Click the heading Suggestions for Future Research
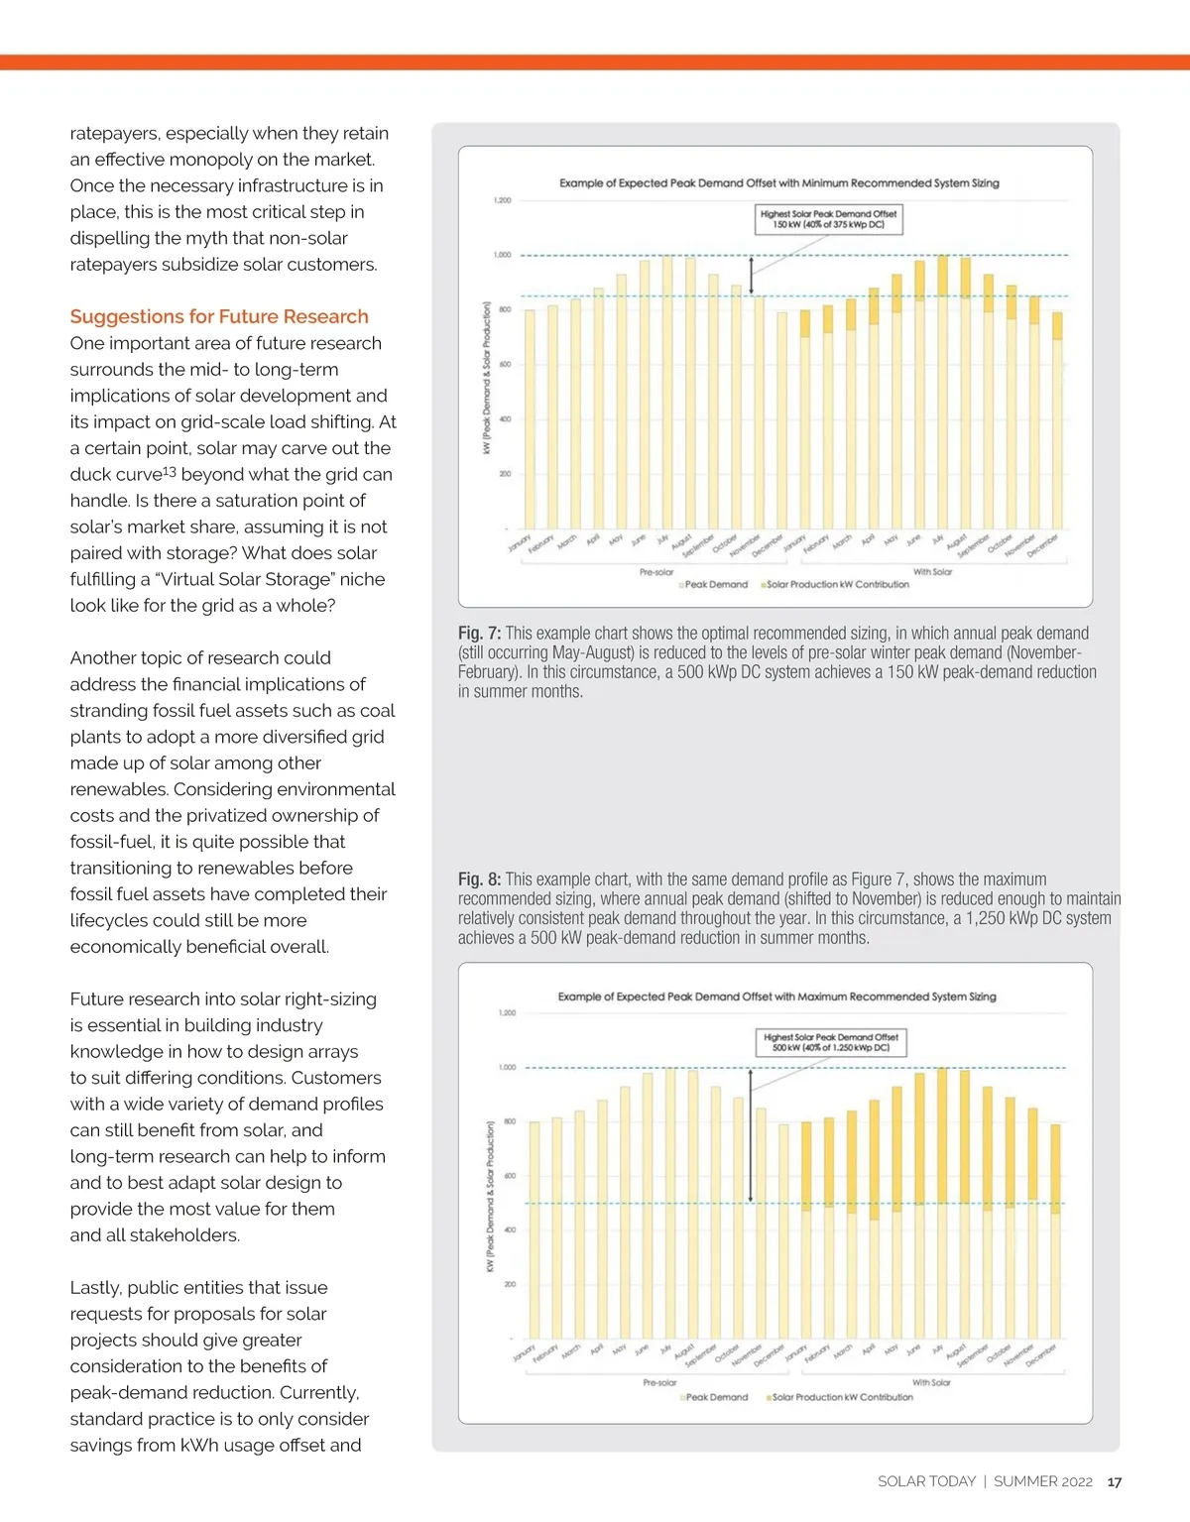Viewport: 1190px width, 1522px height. [219, 316]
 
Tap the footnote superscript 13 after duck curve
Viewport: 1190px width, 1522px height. [170, 471]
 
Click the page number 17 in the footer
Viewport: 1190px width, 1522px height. [1115, 1481]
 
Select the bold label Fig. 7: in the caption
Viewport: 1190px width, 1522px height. [479, 633]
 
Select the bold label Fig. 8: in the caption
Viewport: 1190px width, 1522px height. [479, 878]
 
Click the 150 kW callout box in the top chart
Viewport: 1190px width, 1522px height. [828, 219]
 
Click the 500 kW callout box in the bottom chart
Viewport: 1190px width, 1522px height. [831, 1042]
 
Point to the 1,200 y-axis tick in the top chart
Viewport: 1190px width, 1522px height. [502, 200]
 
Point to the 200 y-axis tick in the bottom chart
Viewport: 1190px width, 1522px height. [509, 1284]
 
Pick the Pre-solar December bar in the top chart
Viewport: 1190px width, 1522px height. [781, 421]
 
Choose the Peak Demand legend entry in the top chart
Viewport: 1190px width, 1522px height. [714, 584]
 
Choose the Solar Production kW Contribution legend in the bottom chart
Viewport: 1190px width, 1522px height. [841, 1397]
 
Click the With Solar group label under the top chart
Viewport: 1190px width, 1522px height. [932, 572]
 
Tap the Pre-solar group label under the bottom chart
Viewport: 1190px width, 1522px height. [659, 1382]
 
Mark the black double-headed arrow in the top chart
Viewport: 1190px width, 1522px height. [752, 275]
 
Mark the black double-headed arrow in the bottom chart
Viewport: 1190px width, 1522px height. [751, 1135]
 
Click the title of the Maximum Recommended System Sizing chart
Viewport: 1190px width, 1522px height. [776, 996]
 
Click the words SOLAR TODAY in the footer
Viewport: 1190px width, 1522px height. [926, 1481]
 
